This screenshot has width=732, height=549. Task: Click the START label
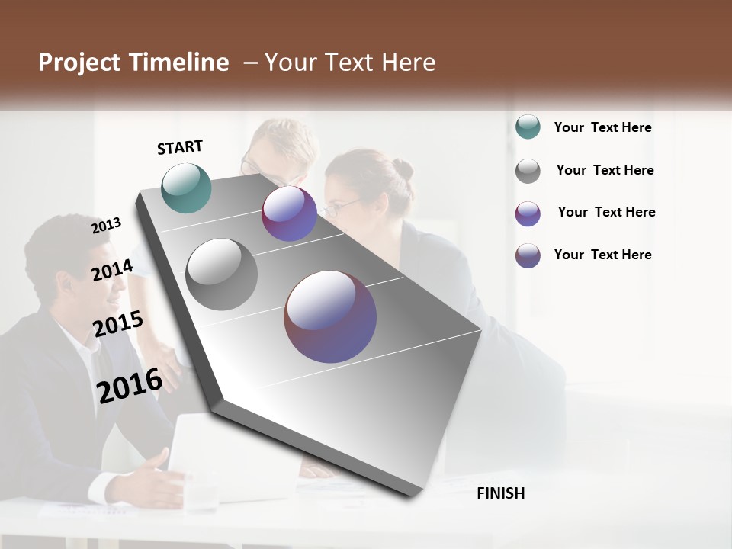point(180,146)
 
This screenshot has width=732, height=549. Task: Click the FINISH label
point(500,493)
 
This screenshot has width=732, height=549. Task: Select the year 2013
point(107,225)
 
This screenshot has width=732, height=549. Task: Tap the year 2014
point(113,270)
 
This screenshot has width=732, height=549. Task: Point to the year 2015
point(118,323)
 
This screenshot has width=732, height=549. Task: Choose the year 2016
point(130,385)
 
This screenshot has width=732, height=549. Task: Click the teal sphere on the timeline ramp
point(187,188)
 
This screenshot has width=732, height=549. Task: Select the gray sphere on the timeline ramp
point(222,274)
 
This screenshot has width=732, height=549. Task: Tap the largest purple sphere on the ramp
point(330,316)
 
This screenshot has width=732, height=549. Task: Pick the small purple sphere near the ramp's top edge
point(289,213)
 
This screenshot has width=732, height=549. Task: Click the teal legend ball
point(528,127)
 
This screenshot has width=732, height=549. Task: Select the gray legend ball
point(528,171)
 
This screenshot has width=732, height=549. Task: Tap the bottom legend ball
point(528,255)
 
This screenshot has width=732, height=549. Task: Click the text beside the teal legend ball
point(602,127)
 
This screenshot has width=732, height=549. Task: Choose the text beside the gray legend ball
point(605,170)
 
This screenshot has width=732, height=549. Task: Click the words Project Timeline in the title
point(133,63)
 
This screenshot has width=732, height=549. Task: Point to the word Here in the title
point(408,63)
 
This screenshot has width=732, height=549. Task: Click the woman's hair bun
point(403,169)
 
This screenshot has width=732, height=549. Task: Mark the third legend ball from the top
point(528,213)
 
